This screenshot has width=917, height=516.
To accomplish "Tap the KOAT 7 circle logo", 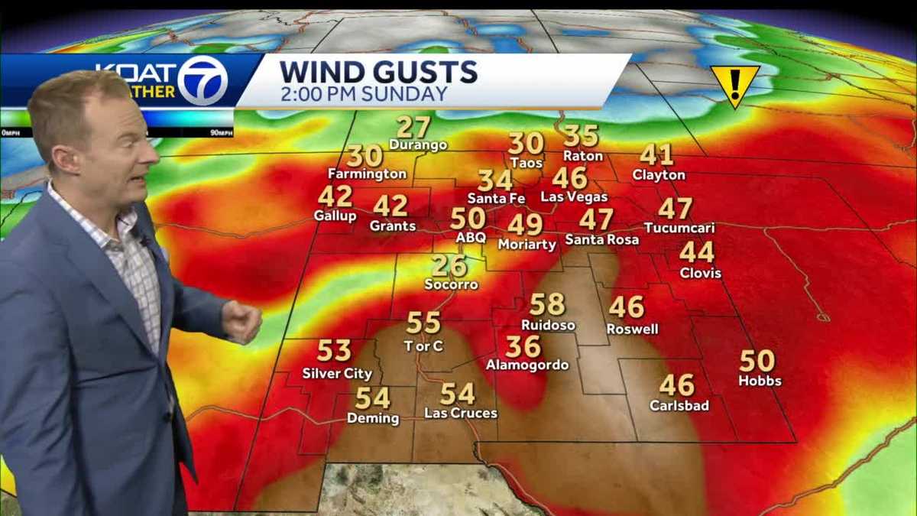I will click(x=203, y=80).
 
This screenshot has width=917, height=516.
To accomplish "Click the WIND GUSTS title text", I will click(x=378, y=72).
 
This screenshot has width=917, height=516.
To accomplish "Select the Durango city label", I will click(x=418, y=144).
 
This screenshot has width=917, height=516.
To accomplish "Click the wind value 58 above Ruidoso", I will click(x=547, y=304).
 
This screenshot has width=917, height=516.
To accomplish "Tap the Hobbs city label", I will click(x=760, y=380).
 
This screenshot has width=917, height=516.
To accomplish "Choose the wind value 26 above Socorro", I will click(x=449, y=265).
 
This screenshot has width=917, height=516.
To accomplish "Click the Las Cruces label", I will click(x=461, y=413).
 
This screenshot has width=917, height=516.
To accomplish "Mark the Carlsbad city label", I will click(x=679, y=405).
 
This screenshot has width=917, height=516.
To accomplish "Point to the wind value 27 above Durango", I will click(x=413, y=126).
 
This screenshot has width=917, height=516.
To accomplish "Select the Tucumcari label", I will click(x=679, y=228).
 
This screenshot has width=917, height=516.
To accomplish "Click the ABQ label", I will click(x=471, y=238).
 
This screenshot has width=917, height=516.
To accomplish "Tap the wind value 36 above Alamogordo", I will click(x=523, y=346).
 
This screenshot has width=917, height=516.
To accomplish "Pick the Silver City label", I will click(x=337, y=374).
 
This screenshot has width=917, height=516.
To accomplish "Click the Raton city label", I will click(x=583, y=156).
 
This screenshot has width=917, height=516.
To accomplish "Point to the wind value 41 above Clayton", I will click(x=656, y=154).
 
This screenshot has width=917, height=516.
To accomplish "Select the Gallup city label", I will click(x=335, y=216).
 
